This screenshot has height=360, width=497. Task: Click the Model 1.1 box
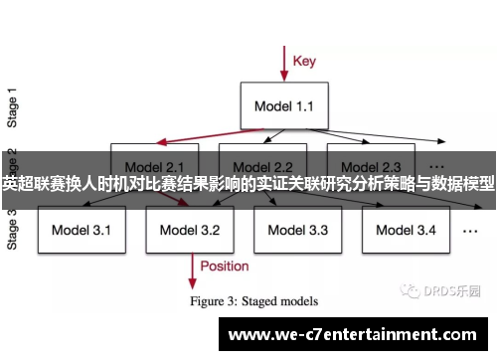tap(284, 104)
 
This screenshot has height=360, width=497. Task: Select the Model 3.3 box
tap(297, 230)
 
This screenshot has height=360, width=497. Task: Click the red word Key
tap(305, 61)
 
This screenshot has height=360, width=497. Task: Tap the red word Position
tap(225, 266)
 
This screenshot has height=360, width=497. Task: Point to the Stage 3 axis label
tap(12, 229)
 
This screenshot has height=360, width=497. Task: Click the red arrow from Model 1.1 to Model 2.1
tap(199, 137)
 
